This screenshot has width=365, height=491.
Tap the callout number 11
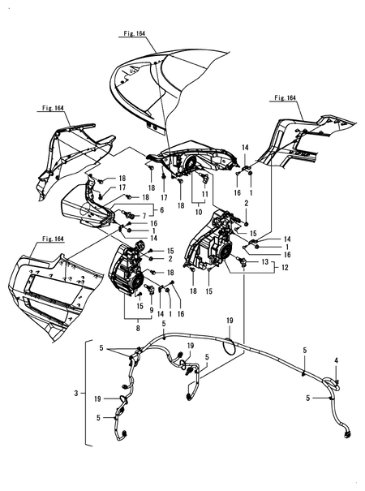point(205,196)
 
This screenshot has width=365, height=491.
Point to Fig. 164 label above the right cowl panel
point(284,97)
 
